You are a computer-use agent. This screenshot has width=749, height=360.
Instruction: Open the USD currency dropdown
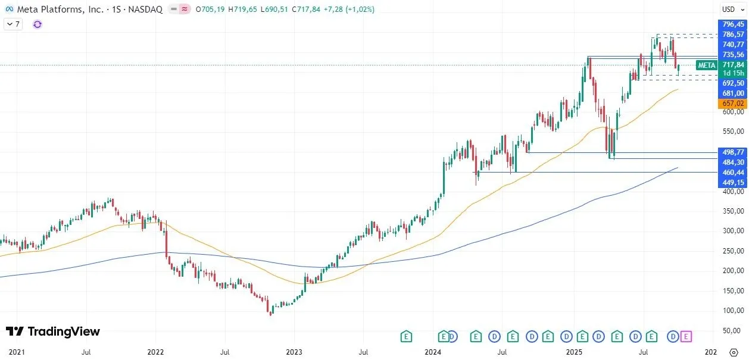(729, 10)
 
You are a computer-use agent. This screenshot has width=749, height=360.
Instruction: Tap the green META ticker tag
(706, 65)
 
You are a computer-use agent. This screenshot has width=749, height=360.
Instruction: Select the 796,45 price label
(732, 24)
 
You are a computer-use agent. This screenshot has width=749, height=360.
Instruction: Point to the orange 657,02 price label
(732, 104)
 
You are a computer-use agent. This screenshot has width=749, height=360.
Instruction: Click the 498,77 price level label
(732, 152)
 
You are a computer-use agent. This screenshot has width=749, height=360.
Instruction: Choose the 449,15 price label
(732, 182)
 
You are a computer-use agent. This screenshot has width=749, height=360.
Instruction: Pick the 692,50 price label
(732, 83)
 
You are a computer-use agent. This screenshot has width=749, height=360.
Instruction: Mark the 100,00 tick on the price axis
(732, 311)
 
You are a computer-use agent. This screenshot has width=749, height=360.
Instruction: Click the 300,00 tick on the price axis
(732, 231)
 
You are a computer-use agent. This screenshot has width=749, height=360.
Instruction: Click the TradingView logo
(53, 332)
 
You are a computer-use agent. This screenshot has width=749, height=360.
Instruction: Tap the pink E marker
(686, 337)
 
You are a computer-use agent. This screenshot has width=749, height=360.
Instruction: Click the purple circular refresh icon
(38, 24)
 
